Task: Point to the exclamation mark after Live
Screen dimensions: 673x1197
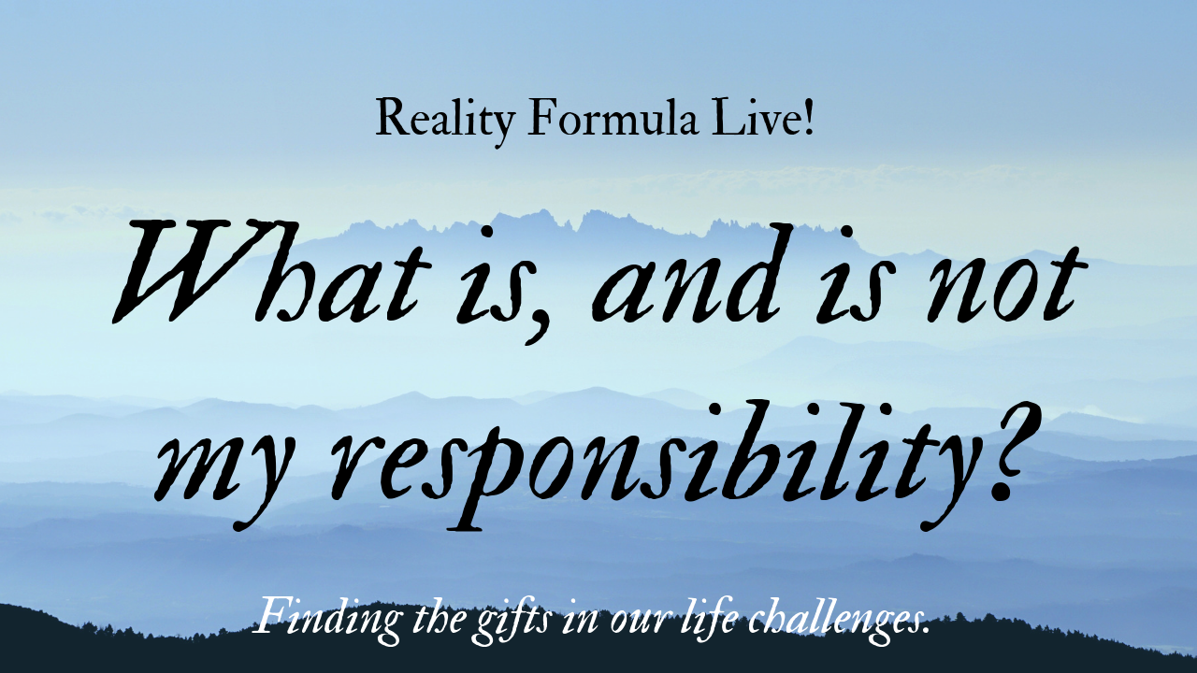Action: pos(808,118)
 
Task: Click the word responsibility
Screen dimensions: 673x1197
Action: pos(636,458)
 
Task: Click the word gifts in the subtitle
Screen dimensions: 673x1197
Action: pos(470,620)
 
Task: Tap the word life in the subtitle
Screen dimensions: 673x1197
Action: pos(683,617)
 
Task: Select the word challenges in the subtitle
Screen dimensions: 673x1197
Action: pos(823,619)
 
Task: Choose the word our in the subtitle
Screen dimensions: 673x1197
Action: pos(605,621)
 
